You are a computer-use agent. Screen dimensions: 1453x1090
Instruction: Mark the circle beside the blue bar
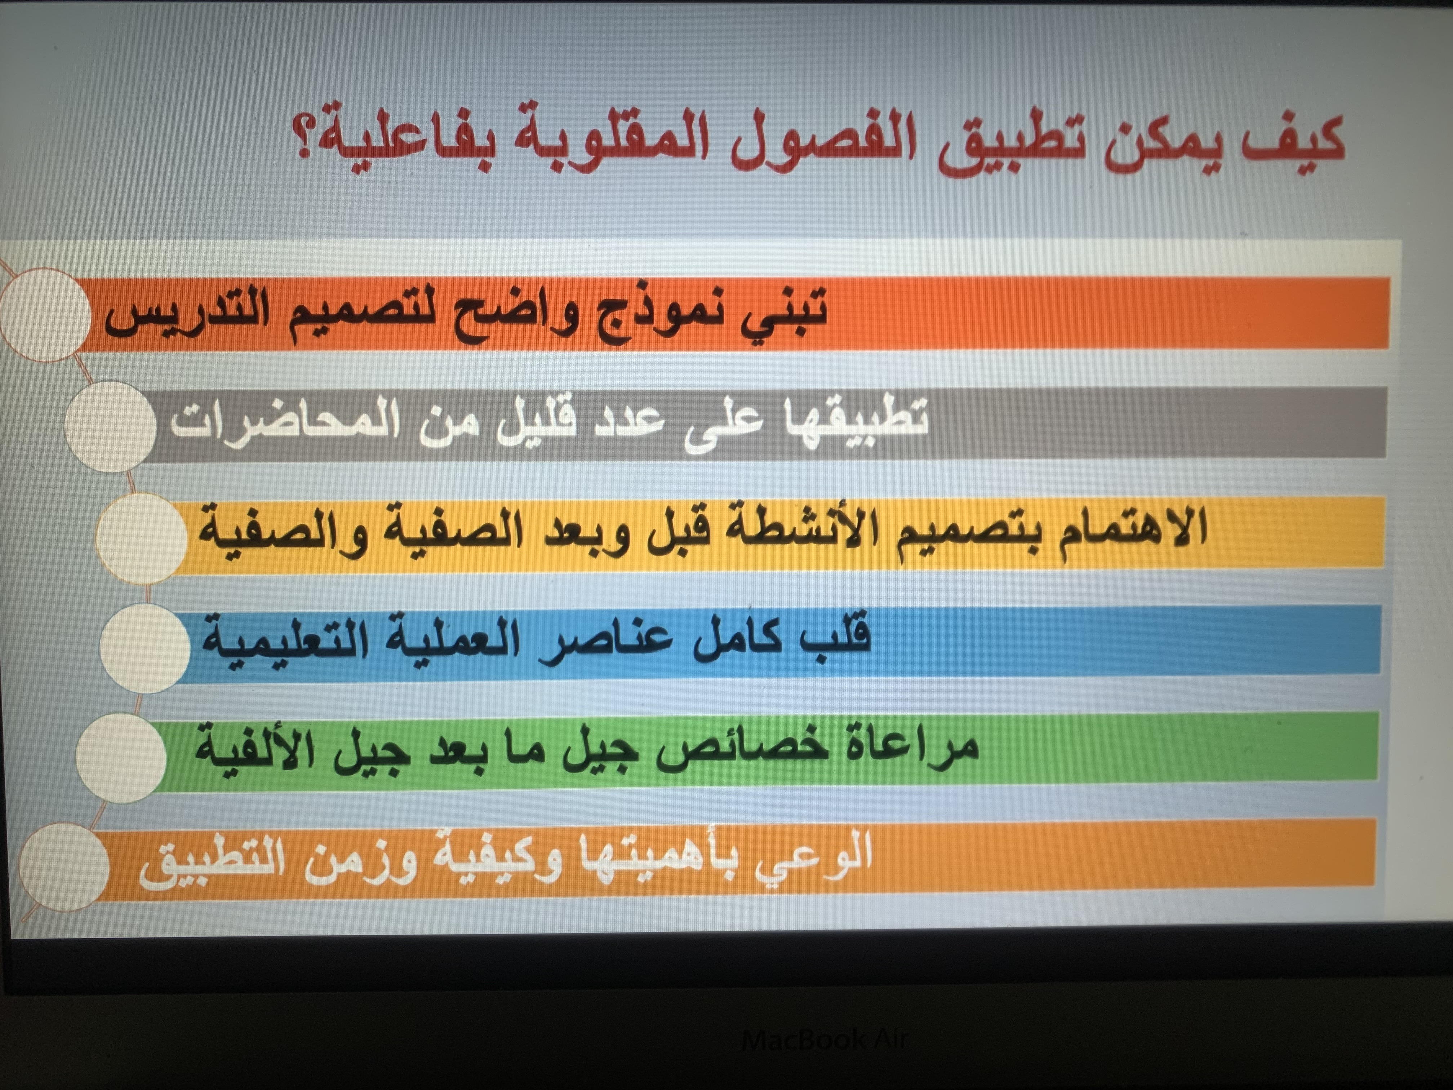click(145, 647)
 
